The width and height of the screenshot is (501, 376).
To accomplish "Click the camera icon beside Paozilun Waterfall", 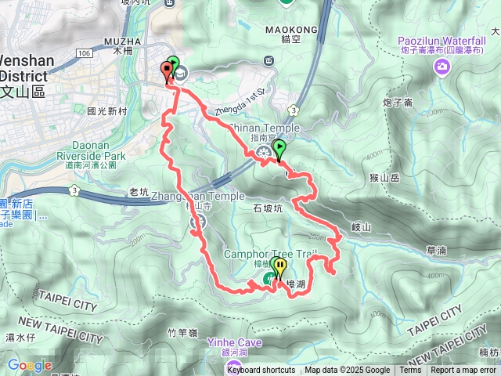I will tap(442, 67).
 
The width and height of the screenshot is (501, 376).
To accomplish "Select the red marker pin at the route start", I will tap(167, 70).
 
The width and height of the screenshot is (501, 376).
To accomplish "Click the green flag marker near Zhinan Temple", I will tap(279, 149).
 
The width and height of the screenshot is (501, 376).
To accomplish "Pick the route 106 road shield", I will tap(85, 52).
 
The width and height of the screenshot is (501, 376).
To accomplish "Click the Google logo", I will tap(30, 365).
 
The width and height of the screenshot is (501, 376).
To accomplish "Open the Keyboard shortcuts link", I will tap(261, 371).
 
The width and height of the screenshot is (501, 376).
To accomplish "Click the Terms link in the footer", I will tap(410, 371).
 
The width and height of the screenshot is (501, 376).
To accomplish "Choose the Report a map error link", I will tap(463, 371).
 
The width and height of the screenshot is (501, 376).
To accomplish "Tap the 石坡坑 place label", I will tap(268, 208).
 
